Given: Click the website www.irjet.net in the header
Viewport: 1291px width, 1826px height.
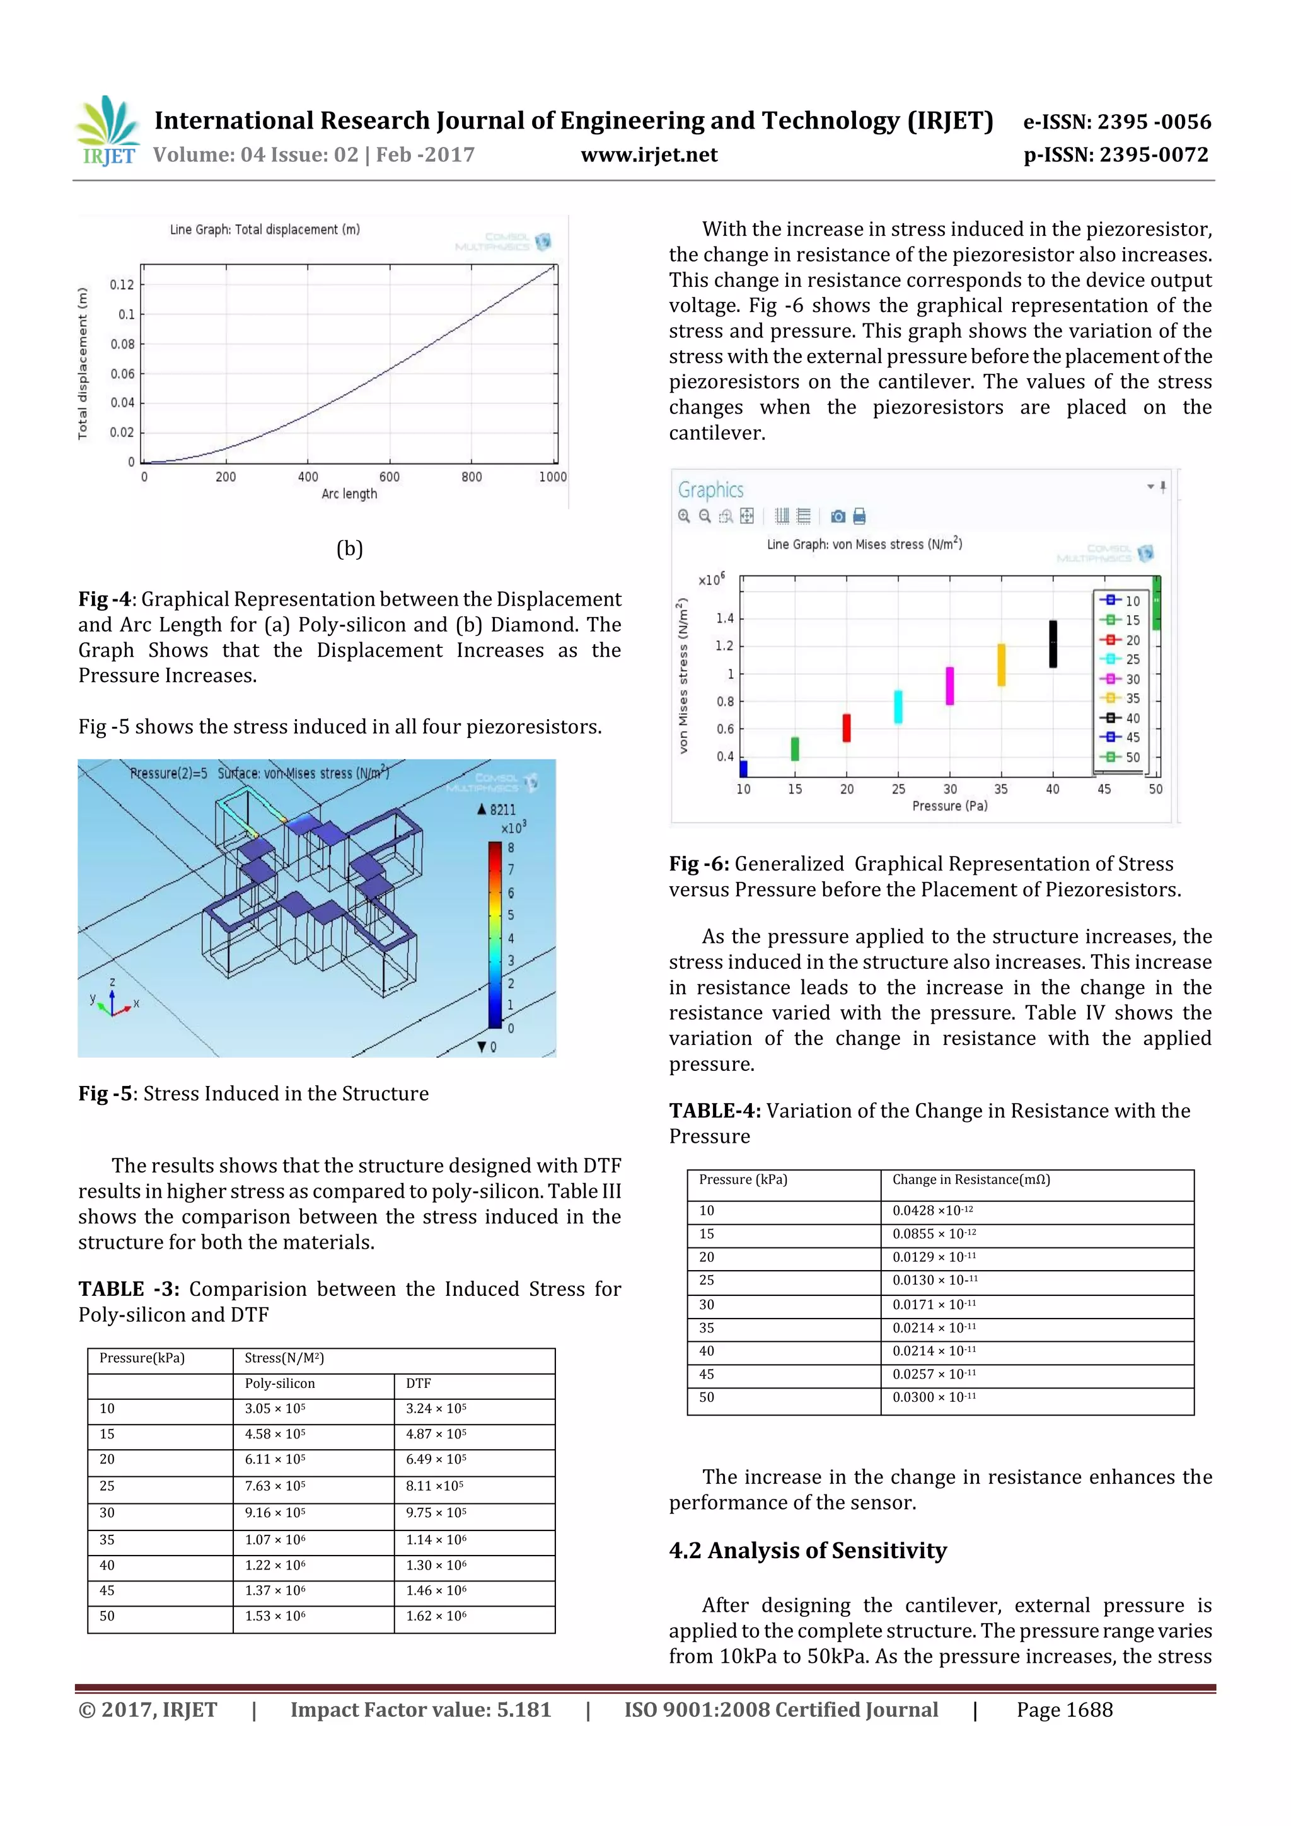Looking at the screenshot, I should click(649, 155).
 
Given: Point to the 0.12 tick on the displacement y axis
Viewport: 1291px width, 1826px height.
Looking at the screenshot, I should click(122, 285).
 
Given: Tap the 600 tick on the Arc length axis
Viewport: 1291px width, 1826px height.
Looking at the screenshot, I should click(389, 477).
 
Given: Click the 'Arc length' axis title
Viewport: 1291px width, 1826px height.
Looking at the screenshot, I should click(349, 494).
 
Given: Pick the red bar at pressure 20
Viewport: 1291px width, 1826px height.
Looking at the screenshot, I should click(847, 728).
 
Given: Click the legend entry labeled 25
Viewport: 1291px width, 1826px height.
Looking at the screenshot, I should click(1122, 659).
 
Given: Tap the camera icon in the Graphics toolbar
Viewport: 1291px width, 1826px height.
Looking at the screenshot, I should click(838, 517).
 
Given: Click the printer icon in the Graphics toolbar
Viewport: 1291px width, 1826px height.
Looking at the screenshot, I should click(859, 517).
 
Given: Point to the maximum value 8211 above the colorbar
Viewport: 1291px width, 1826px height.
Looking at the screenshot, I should click(497, 809).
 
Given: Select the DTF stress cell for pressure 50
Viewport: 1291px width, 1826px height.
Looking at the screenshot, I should click(436, 1616).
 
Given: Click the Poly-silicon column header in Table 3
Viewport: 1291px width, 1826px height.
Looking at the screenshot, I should click(280, 1383).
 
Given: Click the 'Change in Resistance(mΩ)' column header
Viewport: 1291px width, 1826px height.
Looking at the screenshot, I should click(970, 1179).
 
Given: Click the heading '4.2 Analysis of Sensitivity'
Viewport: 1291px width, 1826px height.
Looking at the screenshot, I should click(808, 1550).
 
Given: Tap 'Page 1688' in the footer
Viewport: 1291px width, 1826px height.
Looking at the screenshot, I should click(1064, 1709).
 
